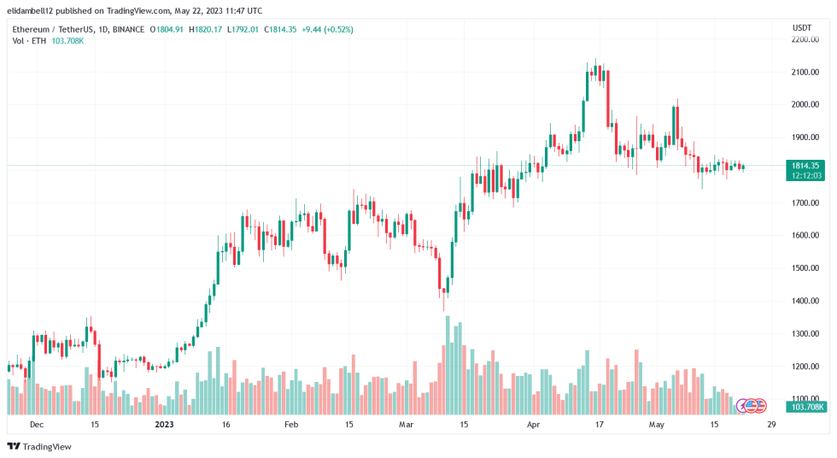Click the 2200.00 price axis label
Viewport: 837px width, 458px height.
pos(805,39)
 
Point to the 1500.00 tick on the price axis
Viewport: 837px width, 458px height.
pos(805,268)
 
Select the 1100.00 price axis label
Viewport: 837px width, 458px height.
pos(805,399)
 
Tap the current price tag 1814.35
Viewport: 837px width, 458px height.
pos(805,165)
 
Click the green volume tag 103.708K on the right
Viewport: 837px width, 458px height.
pos(805,408)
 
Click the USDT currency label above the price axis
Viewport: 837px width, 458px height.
pos(801,27)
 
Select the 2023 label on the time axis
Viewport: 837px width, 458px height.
pos(164,424)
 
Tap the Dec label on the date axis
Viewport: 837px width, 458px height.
pos(36,424)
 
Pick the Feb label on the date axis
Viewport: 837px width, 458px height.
pos(291,424)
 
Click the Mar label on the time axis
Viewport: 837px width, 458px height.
pos(407,424)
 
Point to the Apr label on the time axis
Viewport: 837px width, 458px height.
pos(534,424)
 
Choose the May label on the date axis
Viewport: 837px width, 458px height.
pos(656,424)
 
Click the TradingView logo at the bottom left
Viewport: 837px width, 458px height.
pos(39,446)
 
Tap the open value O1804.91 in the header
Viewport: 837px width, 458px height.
pos(167,29)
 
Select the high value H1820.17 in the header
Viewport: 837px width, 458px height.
pos(206,29)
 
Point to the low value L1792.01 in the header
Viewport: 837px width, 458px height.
pos(243,29)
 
